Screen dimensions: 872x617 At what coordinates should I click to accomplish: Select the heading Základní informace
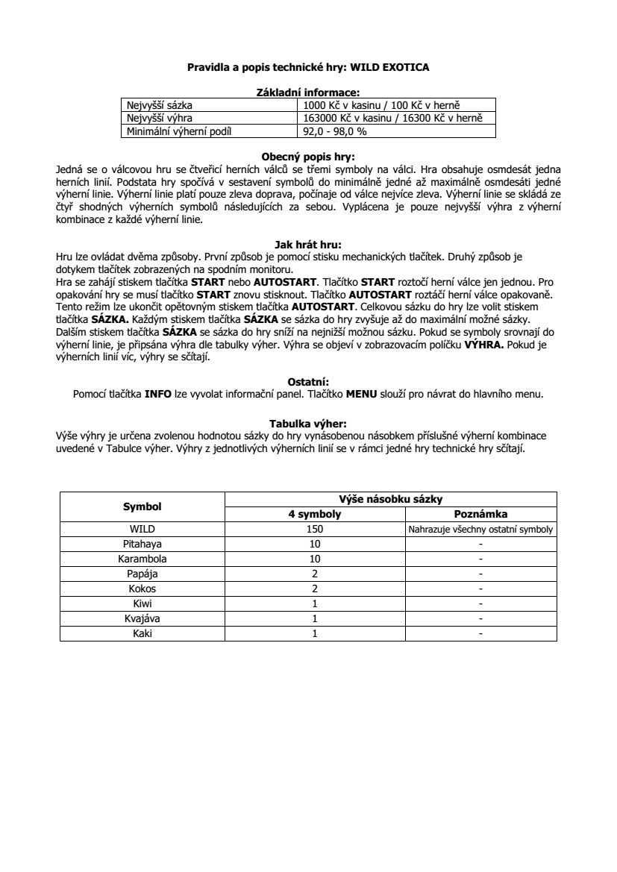coord(308,93)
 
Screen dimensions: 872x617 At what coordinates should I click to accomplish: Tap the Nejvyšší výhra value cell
coord(392,119)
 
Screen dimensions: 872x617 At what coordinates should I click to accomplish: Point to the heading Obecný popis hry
coord(308,157)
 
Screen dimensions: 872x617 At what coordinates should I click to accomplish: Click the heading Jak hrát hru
coord(308,243)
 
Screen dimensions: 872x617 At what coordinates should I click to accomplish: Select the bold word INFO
coord(158,395)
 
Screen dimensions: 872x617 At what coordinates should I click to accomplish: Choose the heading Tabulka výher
coord(308,422)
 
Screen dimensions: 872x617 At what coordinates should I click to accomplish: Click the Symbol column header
coord(142,506)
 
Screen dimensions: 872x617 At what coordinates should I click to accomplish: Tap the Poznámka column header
coord(480,515)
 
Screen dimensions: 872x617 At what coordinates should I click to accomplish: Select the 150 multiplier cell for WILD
coord(315,530)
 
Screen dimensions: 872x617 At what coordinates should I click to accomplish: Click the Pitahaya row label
coord(142,545)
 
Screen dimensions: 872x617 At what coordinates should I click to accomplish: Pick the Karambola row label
coord(142,559)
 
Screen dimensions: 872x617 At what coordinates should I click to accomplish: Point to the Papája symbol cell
coord(142,574)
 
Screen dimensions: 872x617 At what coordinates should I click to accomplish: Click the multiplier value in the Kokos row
coord(315,589)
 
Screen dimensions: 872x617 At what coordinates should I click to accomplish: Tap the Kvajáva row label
coord(142,618)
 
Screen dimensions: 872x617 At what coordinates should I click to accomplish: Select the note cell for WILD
coord(480,530)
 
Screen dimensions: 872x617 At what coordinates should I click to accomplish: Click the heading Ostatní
coord(308,382)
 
